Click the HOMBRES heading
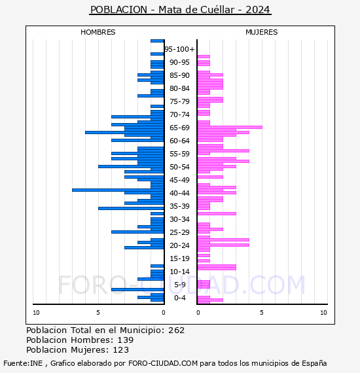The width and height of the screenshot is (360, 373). [98, 32]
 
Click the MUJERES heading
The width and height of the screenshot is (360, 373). [262, 32]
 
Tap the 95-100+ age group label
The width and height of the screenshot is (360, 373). [179, 49]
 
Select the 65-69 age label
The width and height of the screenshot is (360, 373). [179, 128]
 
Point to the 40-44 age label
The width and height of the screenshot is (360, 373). [179, 193]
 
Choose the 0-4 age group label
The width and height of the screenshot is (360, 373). [179, 298]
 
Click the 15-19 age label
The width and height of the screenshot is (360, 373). [179, 258]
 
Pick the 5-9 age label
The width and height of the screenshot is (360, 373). [179, 285]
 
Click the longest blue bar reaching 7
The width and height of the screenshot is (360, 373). [118, 190]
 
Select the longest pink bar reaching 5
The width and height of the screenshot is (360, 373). [230, 127]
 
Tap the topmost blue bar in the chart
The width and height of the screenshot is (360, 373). [157, 41]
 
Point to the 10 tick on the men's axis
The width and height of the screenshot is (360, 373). [36, 313]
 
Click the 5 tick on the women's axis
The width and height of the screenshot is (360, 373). [262, 313]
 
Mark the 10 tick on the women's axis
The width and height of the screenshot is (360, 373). [323, 313]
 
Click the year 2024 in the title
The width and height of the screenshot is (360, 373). [258, 10]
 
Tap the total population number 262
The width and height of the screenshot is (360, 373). [176, 330]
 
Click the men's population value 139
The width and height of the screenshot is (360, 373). [126, 340]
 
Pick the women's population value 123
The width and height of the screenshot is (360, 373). [121, 350]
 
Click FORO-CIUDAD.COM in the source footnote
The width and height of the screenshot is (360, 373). [163, 363]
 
